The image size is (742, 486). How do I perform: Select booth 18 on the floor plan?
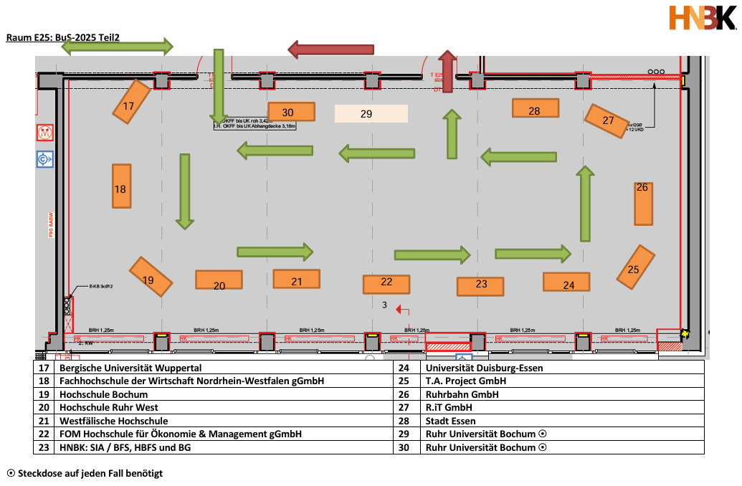pos(121,186)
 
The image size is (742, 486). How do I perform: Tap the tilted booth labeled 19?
pos(151,277)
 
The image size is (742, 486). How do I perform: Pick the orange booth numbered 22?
pos(386,284)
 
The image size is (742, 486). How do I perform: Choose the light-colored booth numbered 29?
pos(371,113)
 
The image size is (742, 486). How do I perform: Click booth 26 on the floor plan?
pos(643,203)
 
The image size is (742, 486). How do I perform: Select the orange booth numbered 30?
pos(291,111)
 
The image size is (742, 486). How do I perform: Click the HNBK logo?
pos(701,18)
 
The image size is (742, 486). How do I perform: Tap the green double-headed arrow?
pos(117,47)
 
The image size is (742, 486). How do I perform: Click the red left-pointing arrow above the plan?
pos(330,49)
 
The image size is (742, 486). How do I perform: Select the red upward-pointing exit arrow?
pos(448,72)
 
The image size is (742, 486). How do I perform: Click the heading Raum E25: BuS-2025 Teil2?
pos(62,37)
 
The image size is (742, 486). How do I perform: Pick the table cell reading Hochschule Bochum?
pos(104,394)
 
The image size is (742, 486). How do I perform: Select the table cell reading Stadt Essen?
pos(450,421)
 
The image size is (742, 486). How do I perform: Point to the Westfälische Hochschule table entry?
pos(114,421)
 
